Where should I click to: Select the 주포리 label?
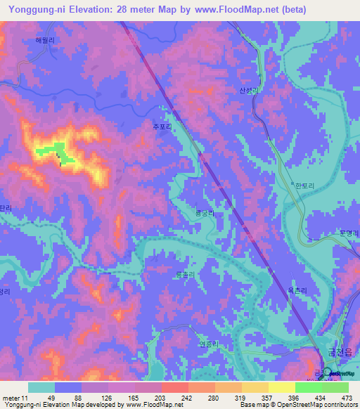point(162,127)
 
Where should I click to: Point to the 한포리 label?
point(303,186)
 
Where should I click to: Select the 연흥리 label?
point(210,344)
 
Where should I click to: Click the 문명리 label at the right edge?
point(349,233)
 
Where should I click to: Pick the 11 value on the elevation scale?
point(25,398)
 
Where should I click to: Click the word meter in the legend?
point(10,398)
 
